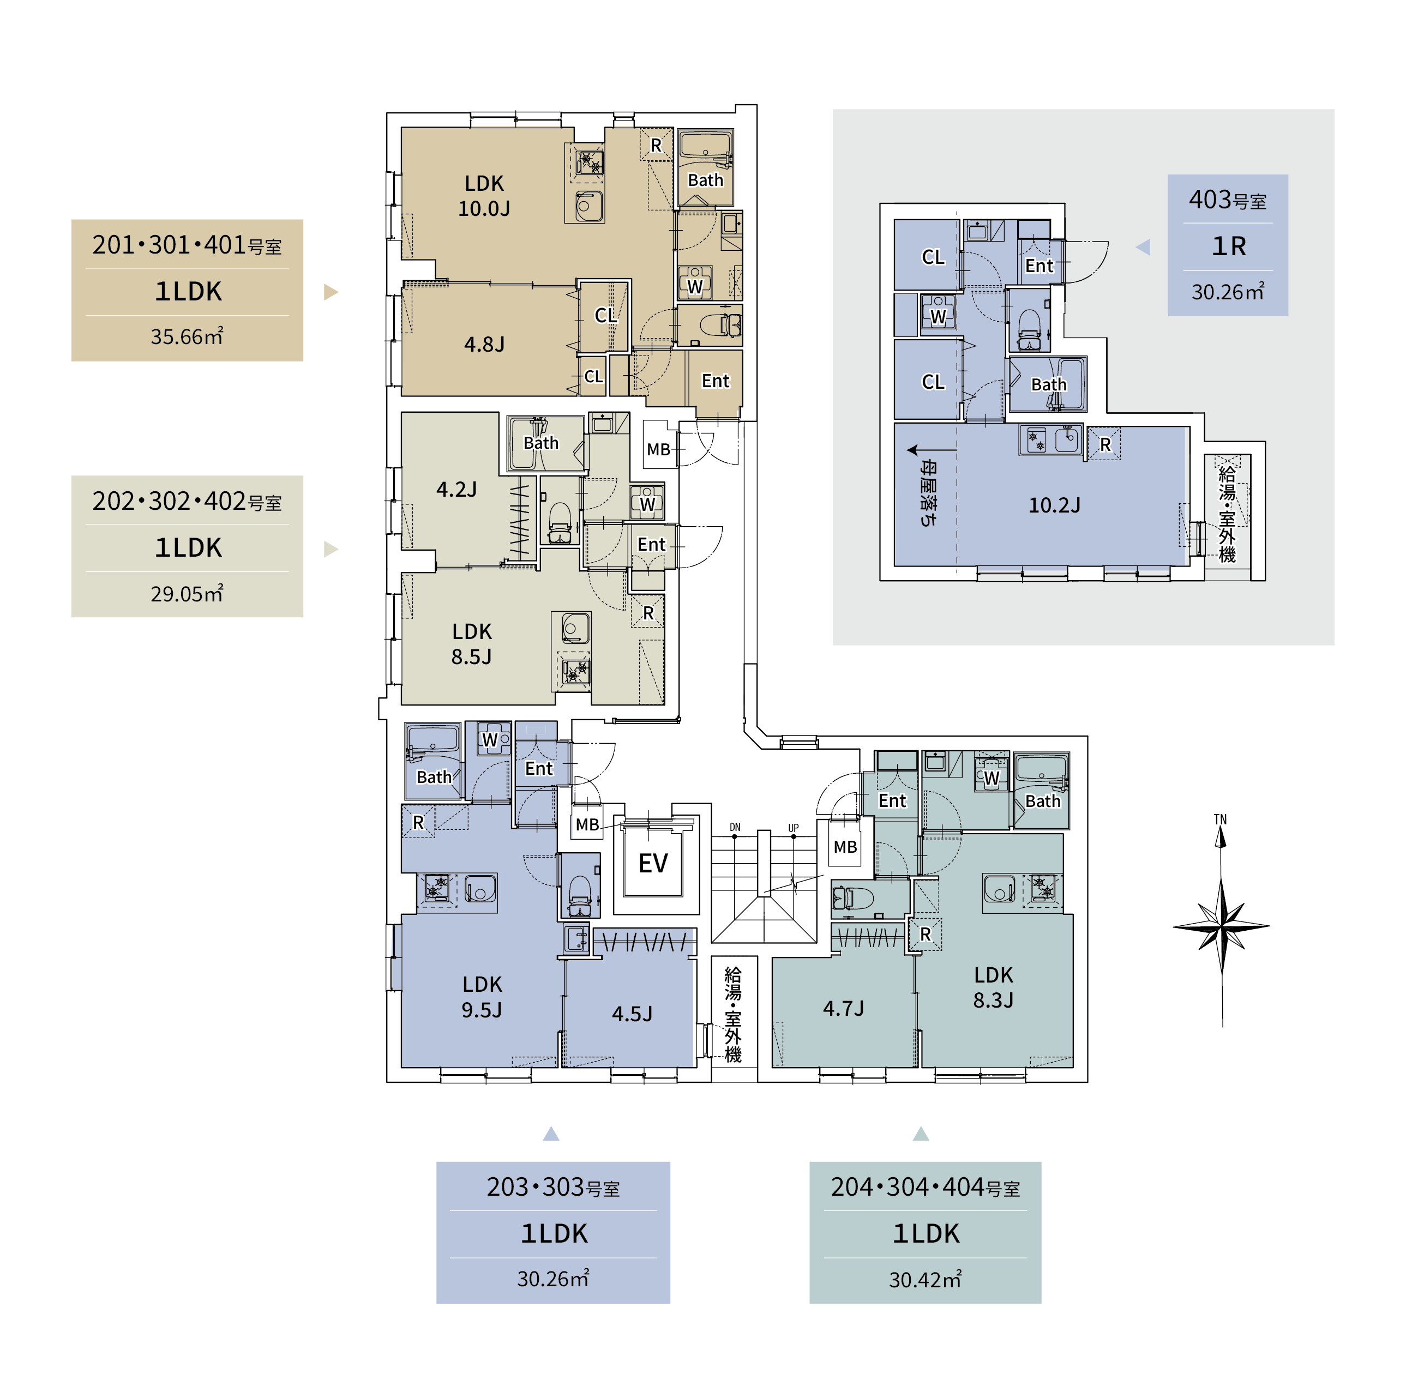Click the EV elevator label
[x=653, y=863]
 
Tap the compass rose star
[x=1221, y=926]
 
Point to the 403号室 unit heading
[x=1227, y=200]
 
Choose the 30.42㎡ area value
[x=926, y=1280]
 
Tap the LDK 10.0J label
[x=484, y=196]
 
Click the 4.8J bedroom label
[x=484, y=344]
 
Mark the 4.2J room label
[x=457, y=489]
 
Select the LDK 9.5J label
[x=482, y=997]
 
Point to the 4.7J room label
[x=843, y=1008]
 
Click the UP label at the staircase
[x=794, y=828]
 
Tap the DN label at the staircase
[x=735, y=827]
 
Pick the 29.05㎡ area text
[x=187, y=593]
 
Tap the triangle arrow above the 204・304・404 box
[x=921, y=1134]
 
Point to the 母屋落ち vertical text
[x=928, y=492]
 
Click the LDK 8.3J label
[x=993, y=987]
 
